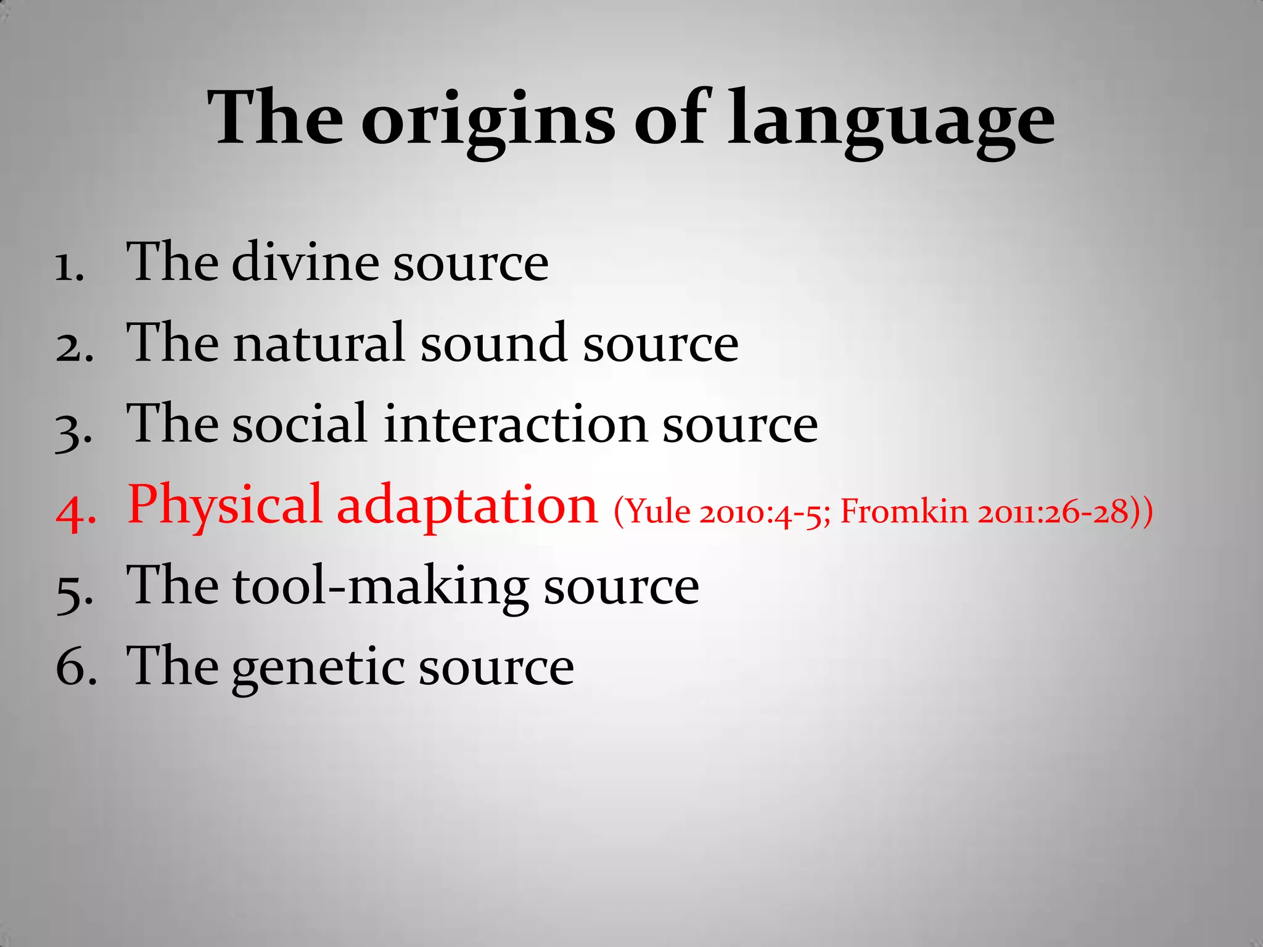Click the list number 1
69,268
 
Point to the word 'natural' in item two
319,343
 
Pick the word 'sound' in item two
493,343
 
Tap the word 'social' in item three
300,424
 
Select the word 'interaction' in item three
515,424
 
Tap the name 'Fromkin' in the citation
904,512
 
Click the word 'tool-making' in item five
381,587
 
